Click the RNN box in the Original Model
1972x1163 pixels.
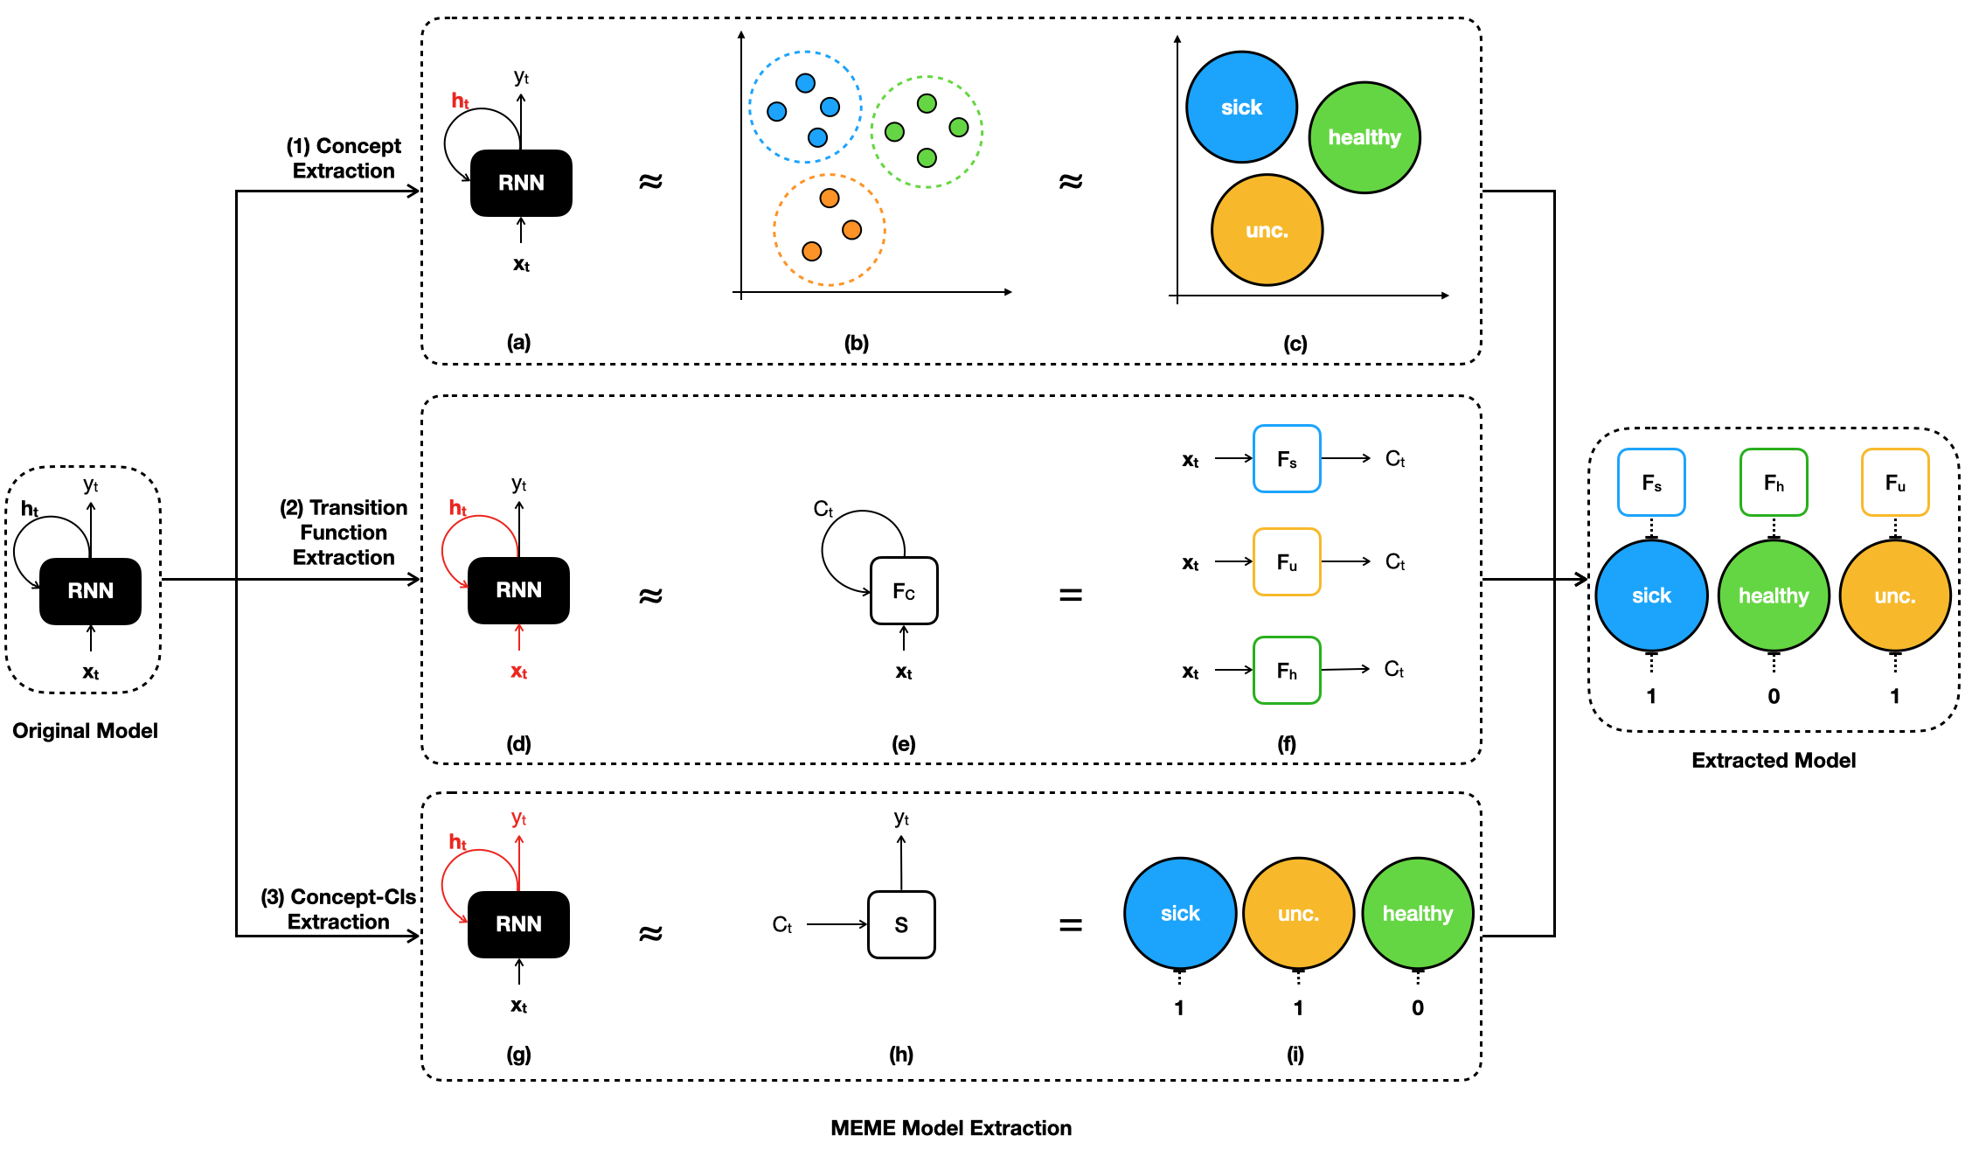[x=90, y=591]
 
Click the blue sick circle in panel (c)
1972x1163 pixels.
[x=1241, y=108]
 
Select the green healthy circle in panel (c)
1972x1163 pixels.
[x=1364, y=137]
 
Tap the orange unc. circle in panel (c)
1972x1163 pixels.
[x=1267, y=230]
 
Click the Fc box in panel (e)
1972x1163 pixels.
[x=904, y=591]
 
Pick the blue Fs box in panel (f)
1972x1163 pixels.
[x=1287, y=459]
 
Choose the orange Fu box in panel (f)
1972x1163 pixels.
[x=1287, y=562]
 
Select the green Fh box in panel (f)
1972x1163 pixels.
[x=1287, y=671]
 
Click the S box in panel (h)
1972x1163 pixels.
[x=901, y=924]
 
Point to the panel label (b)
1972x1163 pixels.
[x=857, y=343]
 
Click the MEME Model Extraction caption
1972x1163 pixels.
[x=951, y=1128]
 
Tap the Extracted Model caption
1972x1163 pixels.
[x=1774, y=760]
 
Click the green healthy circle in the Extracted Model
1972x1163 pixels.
[x=1774, y=595]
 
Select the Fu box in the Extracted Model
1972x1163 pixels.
[x=1895, y=483]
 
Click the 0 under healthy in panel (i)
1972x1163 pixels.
[x=1418, y=1008]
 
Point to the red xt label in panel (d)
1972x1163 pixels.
[x=519, y=672]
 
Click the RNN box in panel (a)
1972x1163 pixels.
[x=521, y=183]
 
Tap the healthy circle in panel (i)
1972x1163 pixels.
[x=1418, y=914]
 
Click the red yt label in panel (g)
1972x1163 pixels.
[x=519, y=818]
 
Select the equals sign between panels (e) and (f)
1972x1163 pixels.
[x=1071, y=595]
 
